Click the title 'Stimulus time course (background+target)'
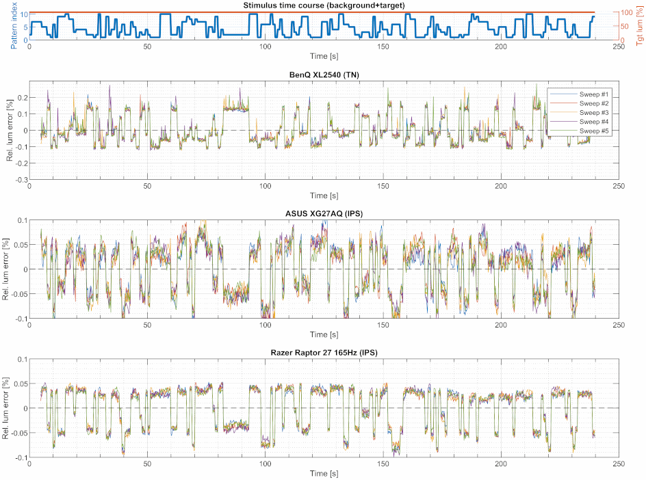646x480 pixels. pos(324,5)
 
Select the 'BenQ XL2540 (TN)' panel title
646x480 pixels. pos(324,75)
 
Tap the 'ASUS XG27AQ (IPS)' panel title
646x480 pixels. pos(324,213)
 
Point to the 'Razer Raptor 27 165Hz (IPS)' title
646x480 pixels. pos(324,353)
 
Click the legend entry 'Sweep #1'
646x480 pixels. pos(594,94)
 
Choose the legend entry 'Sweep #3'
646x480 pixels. pos(594,112)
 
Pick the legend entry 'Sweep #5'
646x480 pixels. pos(594,131)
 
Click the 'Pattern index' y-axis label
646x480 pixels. pos(14,25)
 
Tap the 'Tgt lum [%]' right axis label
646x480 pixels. pos(639,31)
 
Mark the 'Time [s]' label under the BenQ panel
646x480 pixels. pos(324,196)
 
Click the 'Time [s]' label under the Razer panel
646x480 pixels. pos(324,473)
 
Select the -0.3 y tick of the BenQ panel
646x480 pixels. pos(23,180)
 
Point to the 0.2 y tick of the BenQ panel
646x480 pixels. pos(23,98)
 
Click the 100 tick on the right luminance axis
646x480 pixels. pos(627,13)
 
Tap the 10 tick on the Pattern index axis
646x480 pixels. pos(25,14)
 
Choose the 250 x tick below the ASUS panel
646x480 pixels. pos(619,325)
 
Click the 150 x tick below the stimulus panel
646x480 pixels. pos(383,46)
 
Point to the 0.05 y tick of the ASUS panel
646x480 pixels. pos(21,245)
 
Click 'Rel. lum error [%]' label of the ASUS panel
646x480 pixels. pos(5,269)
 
